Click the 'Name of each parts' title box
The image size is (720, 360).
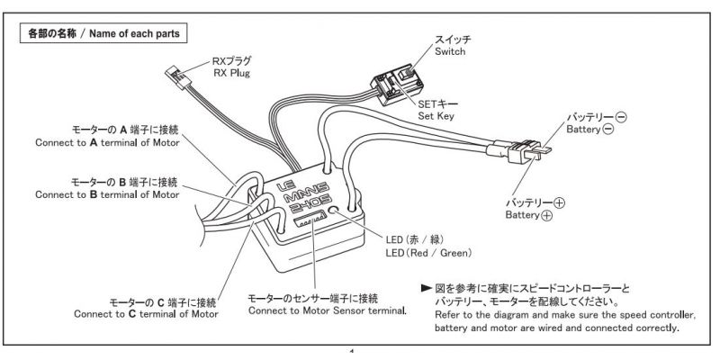pyautogui.click(x=103, y=34)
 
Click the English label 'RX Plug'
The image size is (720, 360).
pyautogui.click(x=231, y=72)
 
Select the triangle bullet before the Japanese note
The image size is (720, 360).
pyautogui.click(x=426, y=288)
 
